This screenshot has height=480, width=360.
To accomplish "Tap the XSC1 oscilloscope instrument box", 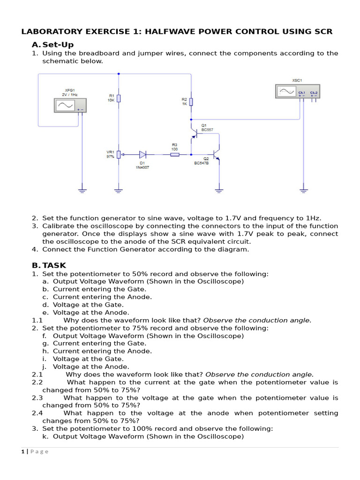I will (x=297, y=91).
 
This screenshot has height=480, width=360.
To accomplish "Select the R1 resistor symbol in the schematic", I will (x=119, y=98).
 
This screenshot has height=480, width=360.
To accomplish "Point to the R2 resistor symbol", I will (x=191, y=102).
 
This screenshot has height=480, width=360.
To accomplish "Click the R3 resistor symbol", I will (x=174, y=154).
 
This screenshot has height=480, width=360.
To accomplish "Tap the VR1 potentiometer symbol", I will (x=119, y=154).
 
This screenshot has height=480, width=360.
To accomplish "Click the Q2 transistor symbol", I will (x=216, y=154).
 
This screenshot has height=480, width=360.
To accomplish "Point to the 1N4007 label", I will (x=142, y=167).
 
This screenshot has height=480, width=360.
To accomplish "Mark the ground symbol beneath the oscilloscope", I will (x=304, y=190).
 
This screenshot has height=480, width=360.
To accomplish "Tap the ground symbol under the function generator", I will (x=82, y=190).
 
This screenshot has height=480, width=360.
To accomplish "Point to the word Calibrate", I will (x=58, y=226).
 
